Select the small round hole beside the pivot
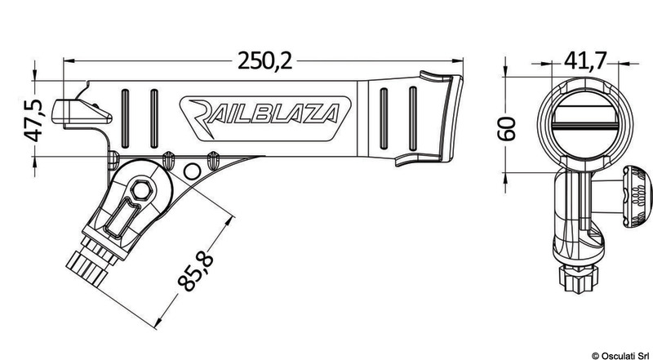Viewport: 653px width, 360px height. click(x=193, y=171)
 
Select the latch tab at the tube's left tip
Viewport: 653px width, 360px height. click(x=64, y=109)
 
